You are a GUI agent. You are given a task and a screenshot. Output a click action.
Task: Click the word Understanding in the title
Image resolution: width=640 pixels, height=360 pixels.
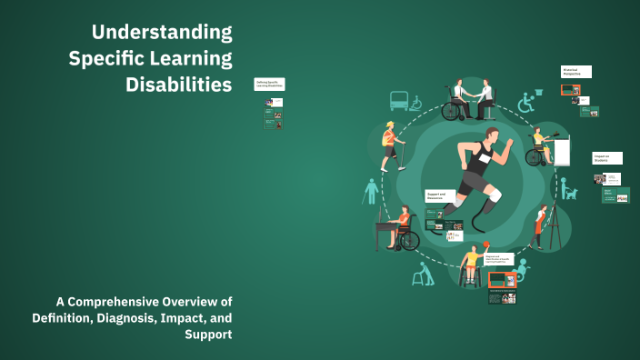point(162,34)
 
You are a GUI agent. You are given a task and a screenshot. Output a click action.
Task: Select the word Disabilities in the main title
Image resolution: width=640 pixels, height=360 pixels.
point(178,85)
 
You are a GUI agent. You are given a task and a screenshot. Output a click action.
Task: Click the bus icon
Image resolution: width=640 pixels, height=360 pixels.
point(398,100)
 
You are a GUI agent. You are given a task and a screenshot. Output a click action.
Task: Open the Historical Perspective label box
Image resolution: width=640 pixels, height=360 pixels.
point(576,71)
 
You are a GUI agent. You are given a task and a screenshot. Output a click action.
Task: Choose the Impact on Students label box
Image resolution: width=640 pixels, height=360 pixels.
point(606,157)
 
